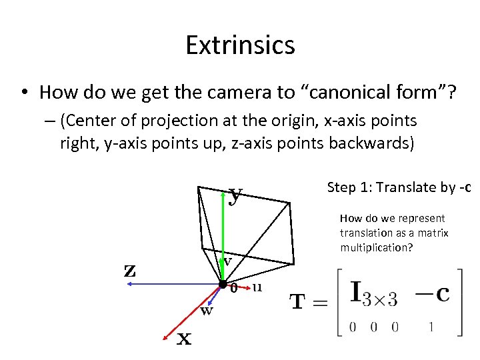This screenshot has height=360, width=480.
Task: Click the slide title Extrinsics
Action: (x=240, y=45)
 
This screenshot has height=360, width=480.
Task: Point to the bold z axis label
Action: (x=131, y=270)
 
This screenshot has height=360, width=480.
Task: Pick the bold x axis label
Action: (x=183, y=339)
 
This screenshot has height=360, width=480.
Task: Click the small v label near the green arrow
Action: (x=227, y=262)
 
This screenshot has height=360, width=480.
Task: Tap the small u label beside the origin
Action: (x=257, y=287)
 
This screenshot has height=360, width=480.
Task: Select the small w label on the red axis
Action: (x=207, y=310)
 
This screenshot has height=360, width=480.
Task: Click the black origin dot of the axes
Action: (x=222, y=285)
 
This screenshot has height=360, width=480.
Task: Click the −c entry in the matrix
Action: (x=434, y=294)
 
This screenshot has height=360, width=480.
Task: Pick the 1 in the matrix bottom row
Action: (x=432, y=327)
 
